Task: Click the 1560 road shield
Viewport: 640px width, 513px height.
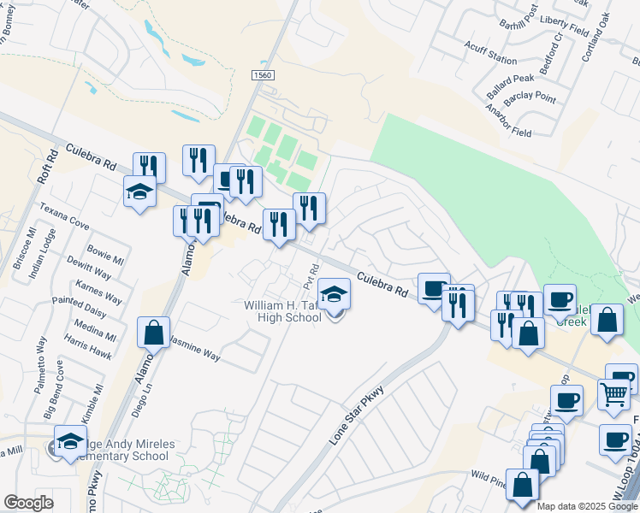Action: (263, 76)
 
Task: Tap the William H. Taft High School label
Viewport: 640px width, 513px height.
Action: (282, 311)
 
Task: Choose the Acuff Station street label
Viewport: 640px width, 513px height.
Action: (489, 61)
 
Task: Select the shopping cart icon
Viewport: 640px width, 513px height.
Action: (614, 394)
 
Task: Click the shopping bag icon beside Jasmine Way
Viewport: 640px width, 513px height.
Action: (153, 333)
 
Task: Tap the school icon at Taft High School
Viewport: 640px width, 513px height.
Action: (335, 295)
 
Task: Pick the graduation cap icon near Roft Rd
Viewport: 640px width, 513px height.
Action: (139, 192)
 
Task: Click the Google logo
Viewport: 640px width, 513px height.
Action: (28, 503)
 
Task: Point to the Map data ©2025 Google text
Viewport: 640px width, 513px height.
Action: (587, 506)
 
